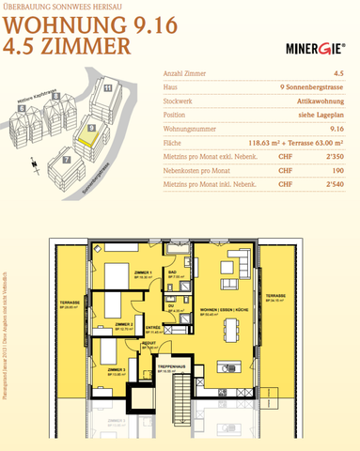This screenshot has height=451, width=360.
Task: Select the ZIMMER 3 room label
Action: pos(117,370)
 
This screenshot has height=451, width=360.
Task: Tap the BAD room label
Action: pos(173,274)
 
